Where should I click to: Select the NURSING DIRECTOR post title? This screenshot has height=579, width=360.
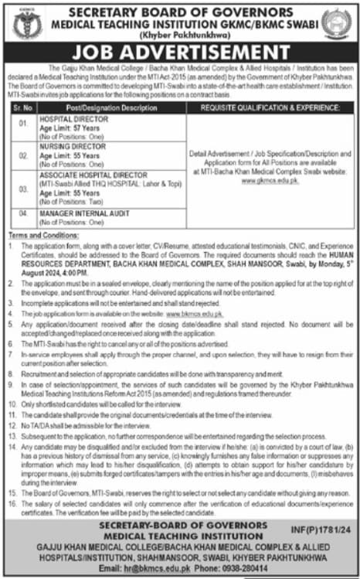click(x=72, y=146)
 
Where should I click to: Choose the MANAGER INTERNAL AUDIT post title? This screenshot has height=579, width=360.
click(x=87, y=211)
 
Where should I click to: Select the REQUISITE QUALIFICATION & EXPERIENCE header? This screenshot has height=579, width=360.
click(x=270, y=107)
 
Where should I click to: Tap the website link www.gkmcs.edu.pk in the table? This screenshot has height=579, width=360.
click(x=270, y=180)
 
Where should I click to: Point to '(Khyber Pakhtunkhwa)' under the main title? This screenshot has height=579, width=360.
click(x=179, y=36)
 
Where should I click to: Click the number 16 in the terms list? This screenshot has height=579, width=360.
click(x=14, y=503)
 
